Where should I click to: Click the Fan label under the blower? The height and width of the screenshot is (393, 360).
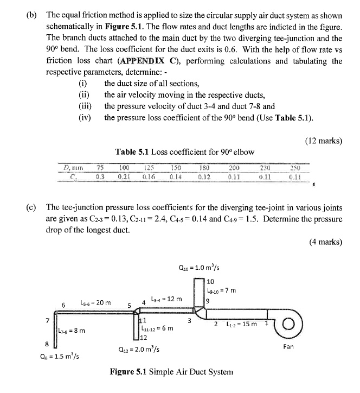pyautogui.click(x=288, y=346)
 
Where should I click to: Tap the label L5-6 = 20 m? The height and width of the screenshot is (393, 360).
pyautogui.click(x=95, y=302)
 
